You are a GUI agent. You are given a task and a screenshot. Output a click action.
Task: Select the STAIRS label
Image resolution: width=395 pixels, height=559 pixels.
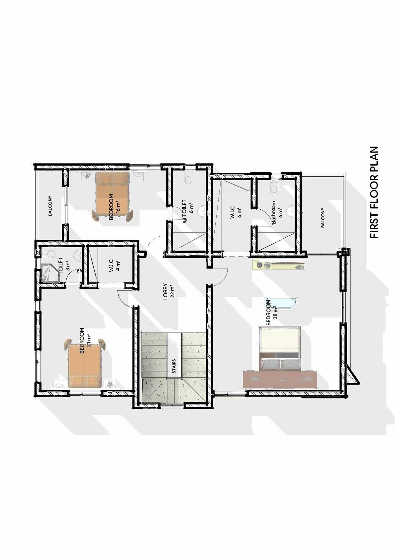[174, 366]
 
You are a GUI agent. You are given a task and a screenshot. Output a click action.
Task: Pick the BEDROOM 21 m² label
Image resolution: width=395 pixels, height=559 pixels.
[85, 340]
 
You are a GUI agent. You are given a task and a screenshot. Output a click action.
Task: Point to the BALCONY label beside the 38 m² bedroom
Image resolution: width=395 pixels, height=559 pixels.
[323, 218]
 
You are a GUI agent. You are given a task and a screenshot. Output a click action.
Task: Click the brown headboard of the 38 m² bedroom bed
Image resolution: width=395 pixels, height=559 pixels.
[280, 379]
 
